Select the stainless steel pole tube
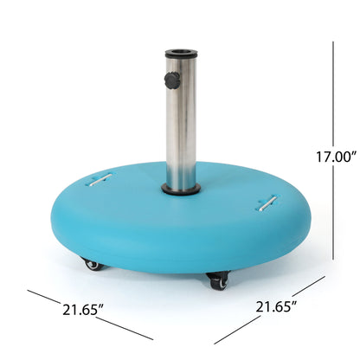tap(184, 121)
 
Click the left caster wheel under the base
tap(92, 264)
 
